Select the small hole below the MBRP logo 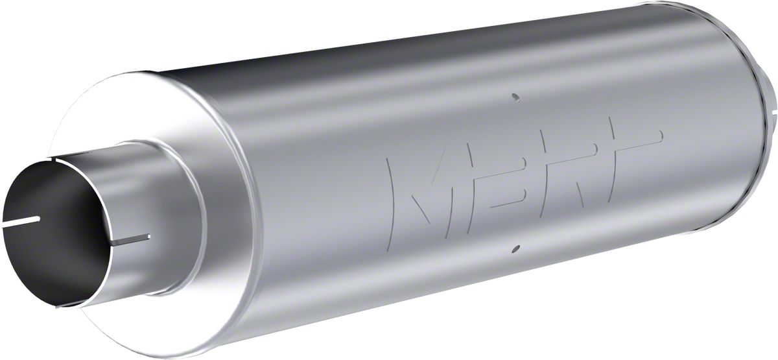pyautogui.click(x=514, y=248)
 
